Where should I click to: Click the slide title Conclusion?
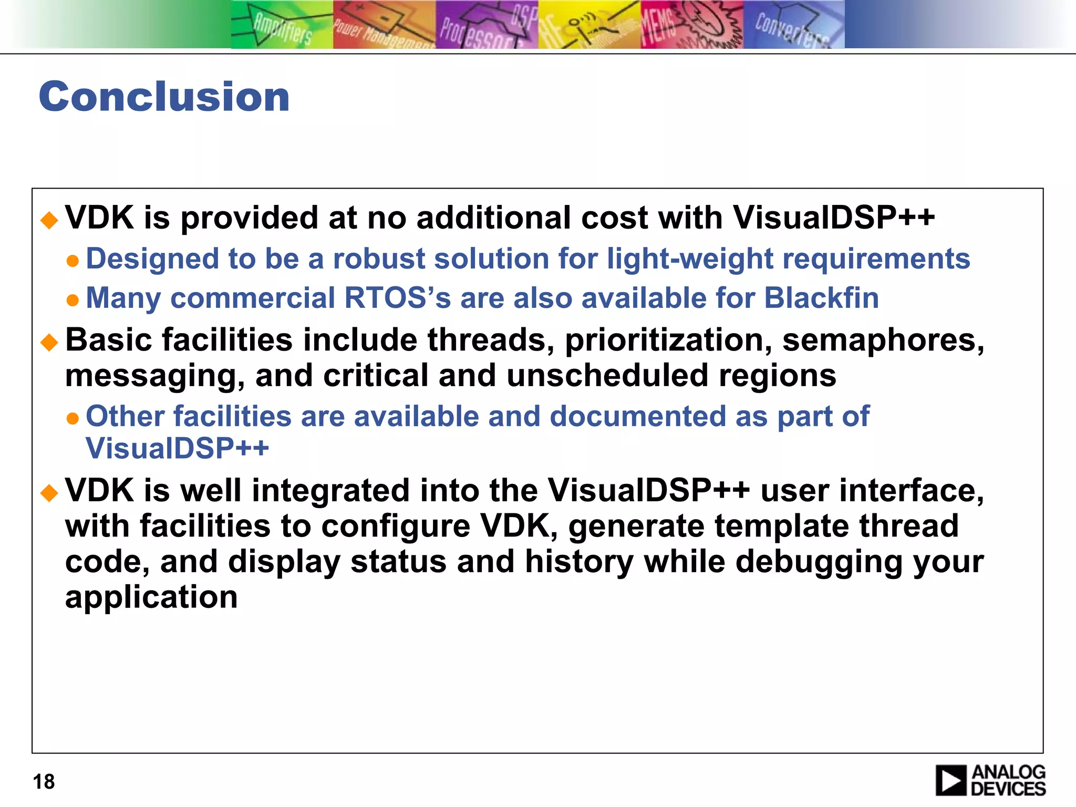click(x=164, y=97)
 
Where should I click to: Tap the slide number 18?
click(x=44, y=782)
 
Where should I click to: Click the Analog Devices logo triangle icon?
click(x=950, y=780)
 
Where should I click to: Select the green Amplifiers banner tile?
click(x=282, y=25)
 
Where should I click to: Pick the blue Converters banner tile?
click(x=793, y=25)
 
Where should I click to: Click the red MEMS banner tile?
click(x=691, y=25)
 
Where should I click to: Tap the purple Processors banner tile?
click(x=487, y=25)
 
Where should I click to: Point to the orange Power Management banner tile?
click(x=384, y=25)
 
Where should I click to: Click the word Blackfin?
click(x=821, y=298)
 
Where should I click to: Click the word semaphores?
click(x=883, y=340)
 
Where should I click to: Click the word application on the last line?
click(x=151, y=597)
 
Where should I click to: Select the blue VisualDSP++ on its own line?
click(x=177, y=448)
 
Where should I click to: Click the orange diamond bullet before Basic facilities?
click(x=49, y=343)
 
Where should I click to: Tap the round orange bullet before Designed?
click(x=73, y=261)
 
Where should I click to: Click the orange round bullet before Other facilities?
click(x=73, y=419)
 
